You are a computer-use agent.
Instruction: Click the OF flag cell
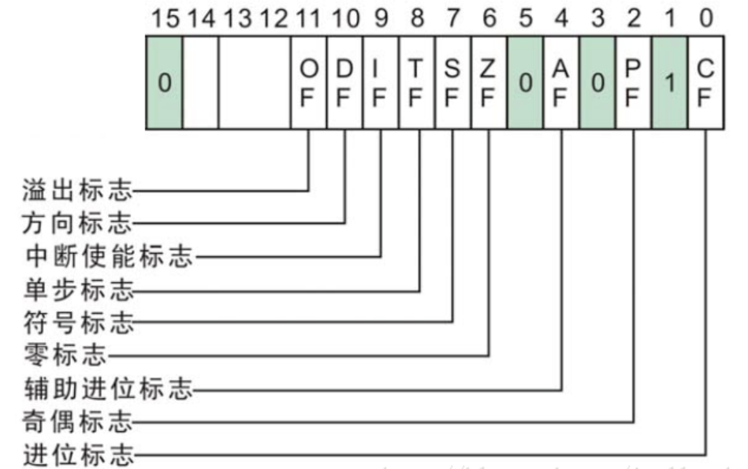[309, 83]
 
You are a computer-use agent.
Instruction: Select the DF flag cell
[345, 83]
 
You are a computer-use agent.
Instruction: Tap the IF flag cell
[381, 83]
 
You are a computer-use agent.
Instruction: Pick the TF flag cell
[417, 83]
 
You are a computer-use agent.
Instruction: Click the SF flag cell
[452, 83]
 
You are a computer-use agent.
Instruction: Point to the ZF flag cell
[489, 83]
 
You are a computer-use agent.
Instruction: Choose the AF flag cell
[561, 83]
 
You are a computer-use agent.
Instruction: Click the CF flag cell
[705, 83]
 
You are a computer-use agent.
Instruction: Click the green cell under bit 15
[164, 83]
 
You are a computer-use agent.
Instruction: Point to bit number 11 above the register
[309, 17]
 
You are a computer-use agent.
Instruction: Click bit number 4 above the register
[561, 17]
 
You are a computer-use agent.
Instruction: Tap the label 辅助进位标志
[107, 389]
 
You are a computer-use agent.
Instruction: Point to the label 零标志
[64, 355]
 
